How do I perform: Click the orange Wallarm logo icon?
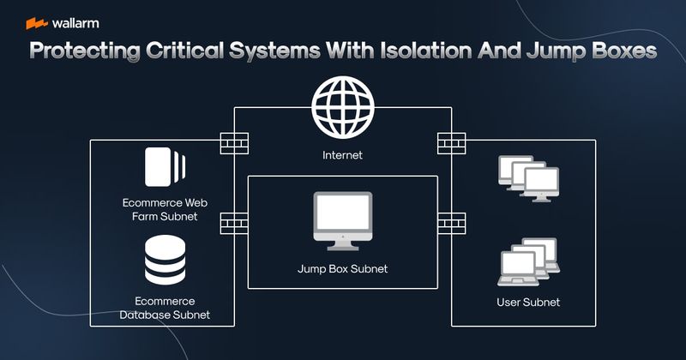coord(36,23)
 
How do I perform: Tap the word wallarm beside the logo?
coord(75,23)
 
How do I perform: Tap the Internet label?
coord(342,156)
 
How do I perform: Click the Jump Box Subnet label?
coord(342,269)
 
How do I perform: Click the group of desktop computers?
coord(523,177)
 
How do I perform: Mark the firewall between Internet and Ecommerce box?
coord(234,142)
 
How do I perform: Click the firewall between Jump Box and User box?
coord(451,223)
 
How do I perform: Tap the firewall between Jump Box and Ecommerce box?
coord(234,223)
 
